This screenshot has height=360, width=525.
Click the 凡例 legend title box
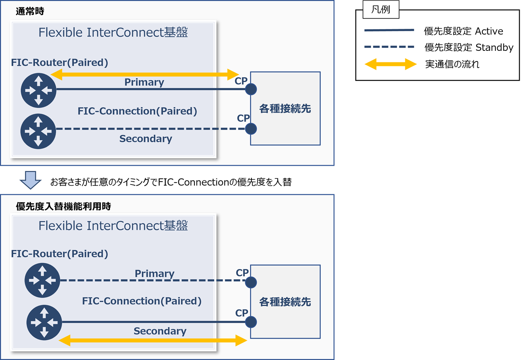[381, 10]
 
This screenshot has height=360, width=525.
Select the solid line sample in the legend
[389, 30]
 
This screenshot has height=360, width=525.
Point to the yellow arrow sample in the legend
[390, 64]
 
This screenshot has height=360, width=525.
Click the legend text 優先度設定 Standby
[469, 48]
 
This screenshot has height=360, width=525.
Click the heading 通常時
[30, 11]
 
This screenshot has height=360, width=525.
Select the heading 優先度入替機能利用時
[64, 206]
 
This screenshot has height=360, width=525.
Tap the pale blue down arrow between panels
[30, 180]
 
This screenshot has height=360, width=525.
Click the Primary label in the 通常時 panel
[144, 82]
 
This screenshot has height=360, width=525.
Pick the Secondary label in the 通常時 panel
[146, 139]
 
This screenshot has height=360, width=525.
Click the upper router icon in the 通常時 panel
[38, 90]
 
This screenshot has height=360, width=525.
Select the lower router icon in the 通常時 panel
[38, 131]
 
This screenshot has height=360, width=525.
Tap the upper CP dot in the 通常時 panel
[251, 89]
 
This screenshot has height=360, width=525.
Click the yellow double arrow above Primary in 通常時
[144, 74]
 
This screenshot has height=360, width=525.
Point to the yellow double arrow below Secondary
[153, 340]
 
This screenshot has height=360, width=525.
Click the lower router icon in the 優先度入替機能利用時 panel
[44, 323]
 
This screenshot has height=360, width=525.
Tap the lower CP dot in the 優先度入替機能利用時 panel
[251, 322]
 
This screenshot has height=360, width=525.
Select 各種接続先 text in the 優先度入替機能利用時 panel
[285, 302]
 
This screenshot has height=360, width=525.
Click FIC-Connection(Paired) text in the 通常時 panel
[137, 111]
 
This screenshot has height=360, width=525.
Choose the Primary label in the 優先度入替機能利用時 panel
[155, 273]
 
